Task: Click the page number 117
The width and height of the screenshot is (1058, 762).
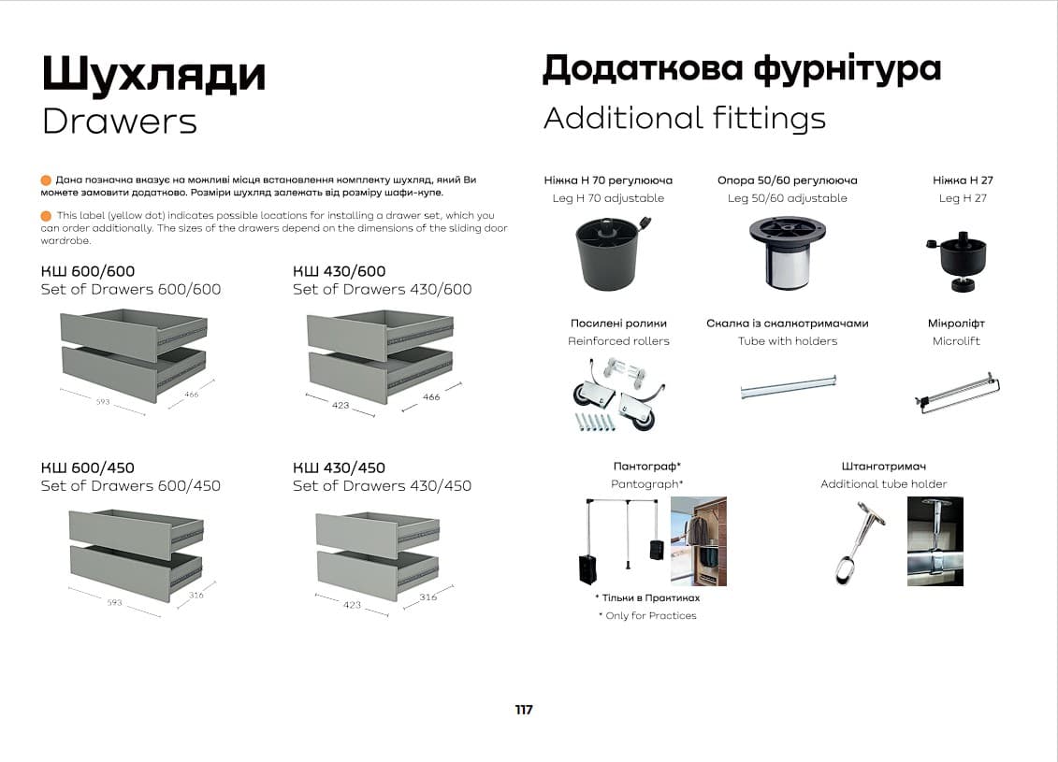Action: (x=524, y=710)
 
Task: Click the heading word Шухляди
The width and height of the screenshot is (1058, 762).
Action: (x=153, y=76)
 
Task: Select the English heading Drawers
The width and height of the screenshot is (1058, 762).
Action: (x=120, y=121)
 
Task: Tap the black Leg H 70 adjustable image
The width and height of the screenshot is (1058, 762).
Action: (x=608, y=252)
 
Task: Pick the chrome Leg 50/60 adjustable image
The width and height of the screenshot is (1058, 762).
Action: (x=787, y=253)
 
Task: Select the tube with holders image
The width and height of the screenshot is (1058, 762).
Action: (x=787, y=387)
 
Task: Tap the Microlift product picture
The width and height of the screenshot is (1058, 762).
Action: (x=957, y=392)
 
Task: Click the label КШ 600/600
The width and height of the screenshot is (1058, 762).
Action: (x=88, y=272)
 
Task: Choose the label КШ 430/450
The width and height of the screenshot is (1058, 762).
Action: (x=339, y=467)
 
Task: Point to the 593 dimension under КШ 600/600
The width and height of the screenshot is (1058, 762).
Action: (x=102, y=402)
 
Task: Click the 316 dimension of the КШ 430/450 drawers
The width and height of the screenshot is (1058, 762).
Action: (x=428, y=597)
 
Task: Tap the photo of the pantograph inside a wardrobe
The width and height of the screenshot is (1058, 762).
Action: (x=698, y=540)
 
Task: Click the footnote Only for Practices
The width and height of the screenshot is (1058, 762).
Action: (x=647, y=615)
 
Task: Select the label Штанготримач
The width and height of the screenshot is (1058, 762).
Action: (x=883, y=466)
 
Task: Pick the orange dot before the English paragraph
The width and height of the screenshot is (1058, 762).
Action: (x=47, y=216)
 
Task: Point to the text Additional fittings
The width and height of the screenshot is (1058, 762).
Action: (x=684, y=119)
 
